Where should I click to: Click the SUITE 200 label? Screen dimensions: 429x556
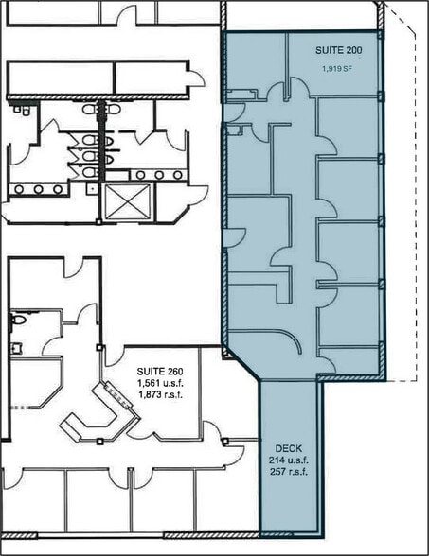click(339, 50)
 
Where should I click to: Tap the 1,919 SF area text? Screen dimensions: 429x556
click(337, 69)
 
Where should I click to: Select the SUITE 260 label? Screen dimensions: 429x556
click(160, 372)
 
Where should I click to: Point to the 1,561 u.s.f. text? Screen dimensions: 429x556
click(160, 383)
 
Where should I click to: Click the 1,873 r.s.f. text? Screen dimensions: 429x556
click(160, 394)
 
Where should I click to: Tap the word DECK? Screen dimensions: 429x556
click(288, 448)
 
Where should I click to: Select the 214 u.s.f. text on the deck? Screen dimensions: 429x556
click(288, 460)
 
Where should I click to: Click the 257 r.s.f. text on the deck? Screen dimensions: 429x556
click(288, 472)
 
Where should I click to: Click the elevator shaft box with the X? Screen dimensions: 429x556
click(127, 201)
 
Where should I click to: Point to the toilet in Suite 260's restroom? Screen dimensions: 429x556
click(18, 320)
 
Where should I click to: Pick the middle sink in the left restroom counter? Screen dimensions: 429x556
click(38, 189)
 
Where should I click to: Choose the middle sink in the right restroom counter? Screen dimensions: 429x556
click(159, 175)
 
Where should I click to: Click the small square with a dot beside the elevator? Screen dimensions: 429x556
click(92, 189)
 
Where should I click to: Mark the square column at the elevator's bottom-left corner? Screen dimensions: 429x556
click(98, 222)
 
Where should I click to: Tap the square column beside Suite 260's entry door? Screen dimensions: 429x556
click(99, 348)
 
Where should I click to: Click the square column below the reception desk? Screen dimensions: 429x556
click(100, 442)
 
